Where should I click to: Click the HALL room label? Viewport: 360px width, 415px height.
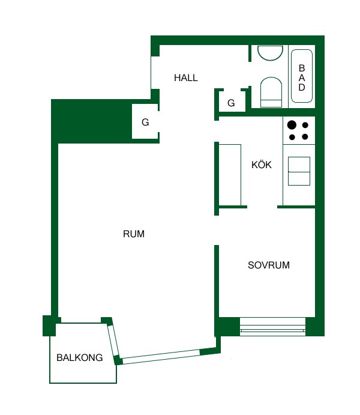(186, 78)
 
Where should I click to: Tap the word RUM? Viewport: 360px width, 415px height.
(134, 234)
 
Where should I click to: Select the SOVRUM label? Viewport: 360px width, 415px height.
(269, 265)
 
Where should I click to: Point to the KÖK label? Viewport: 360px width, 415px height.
(262, 165)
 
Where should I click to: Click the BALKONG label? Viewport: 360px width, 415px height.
(80, 357)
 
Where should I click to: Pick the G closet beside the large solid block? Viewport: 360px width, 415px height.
(145, 122)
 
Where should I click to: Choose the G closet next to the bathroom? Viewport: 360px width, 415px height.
(231, 103)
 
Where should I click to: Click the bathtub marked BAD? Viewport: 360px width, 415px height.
(302, 76)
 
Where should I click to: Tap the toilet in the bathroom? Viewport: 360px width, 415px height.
(271, 92)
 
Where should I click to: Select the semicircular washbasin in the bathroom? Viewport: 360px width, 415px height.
(271, 53)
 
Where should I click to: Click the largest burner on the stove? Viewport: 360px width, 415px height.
(292, 125)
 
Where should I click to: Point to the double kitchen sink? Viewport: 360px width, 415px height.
(299, 171)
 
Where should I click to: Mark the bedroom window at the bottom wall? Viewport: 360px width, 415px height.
(272, 327)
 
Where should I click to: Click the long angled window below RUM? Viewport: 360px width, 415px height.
(161, 357)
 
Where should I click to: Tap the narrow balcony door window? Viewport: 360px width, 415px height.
(113, 341)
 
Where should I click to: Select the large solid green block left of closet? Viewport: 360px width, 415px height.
(91, 121)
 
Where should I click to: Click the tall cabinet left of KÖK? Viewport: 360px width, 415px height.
(230, 175)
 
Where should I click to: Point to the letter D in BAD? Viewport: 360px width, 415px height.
(302, 87)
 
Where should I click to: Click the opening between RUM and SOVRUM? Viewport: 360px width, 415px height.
(217, 230)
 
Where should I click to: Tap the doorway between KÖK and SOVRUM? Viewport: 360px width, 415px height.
(262, 207)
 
